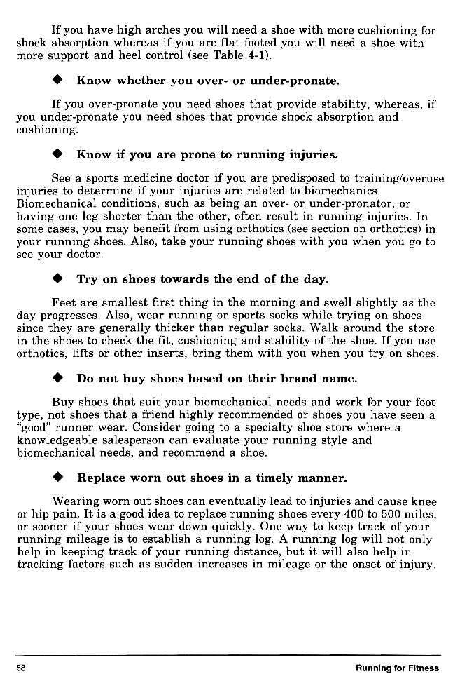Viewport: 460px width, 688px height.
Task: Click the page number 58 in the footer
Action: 21,668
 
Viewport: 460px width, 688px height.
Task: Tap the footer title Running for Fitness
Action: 397,668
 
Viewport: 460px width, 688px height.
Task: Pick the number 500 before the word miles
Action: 395,515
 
